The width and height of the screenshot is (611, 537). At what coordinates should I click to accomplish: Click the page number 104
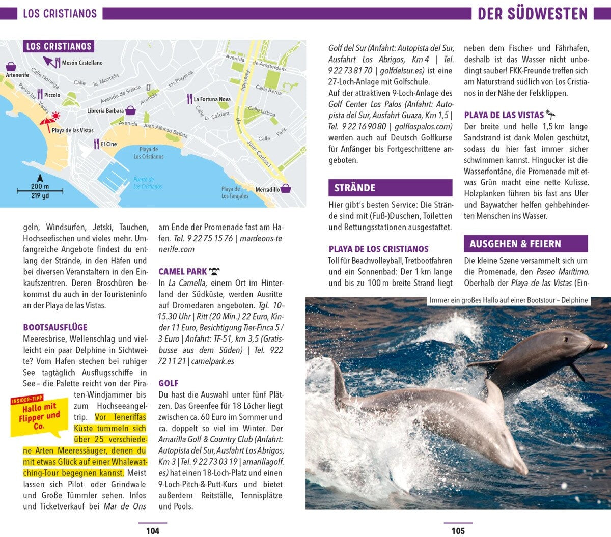click(152, 531)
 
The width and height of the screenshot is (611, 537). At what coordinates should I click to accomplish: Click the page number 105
click(458, 531)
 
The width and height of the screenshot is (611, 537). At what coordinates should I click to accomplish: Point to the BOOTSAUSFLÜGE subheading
click(55, 327)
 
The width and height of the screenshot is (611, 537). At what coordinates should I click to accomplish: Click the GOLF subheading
click(169, 383)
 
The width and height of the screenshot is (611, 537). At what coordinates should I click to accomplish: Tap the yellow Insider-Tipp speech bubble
click(39, 415)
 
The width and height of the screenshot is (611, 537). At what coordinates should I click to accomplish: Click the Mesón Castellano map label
click(82, 63)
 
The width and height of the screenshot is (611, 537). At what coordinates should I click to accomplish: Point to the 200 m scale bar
click(40, 191)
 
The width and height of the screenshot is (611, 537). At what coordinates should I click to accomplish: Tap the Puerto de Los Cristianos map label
click(148, 183)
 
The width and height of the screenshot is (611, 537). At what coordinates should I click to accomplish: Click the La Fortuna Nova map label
click(212, 99)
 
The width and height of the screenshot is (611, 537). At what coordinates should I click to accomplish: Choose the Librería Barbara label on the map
click(105, 110)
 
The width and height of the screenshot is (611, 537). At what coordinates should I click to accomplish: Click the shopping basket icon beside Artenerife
click(11, 67)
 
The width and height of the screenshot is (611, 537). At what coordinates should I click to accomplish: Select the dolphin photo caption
click(508, 300)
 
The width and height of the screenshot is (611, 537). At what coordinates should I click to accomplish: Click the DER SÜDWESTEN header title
click(532, 14)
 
